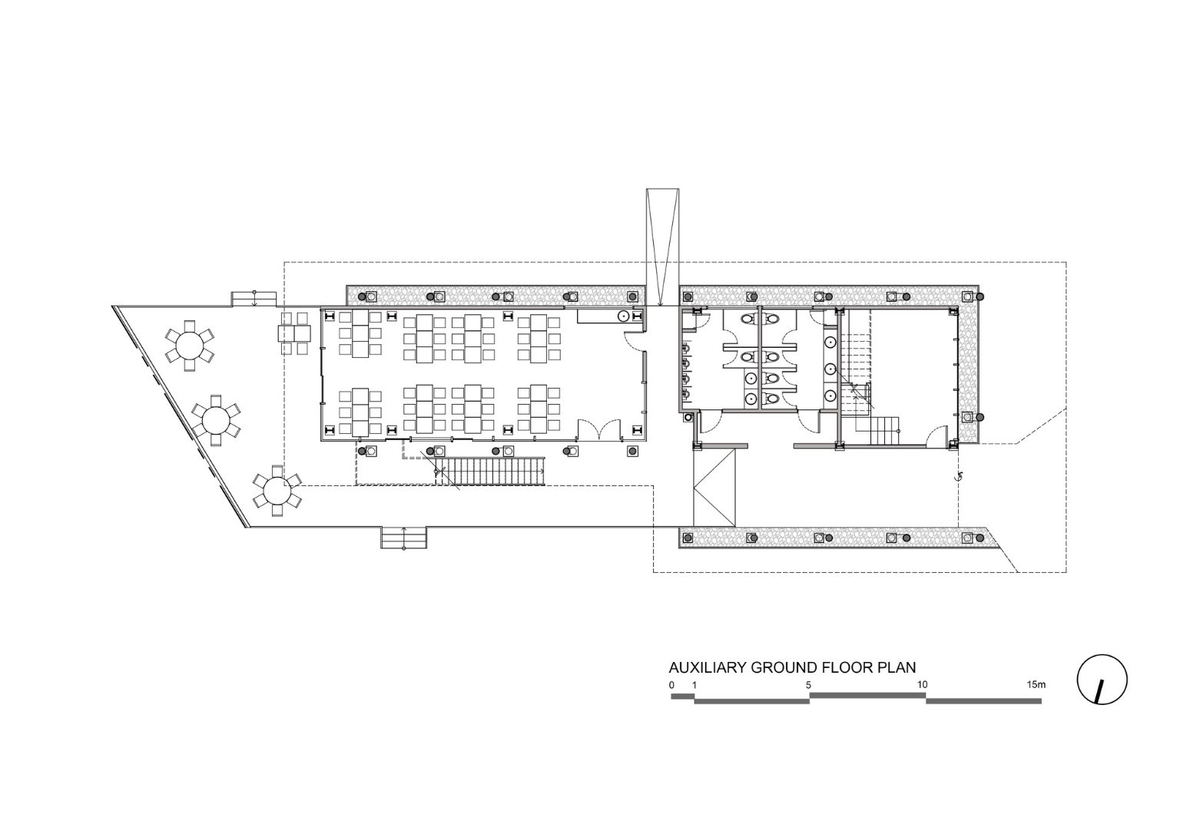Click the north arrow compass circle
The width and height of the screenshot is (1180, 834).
click(1079, 679)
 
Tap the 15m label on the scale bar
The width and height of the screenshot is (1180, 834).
click(1036, 685)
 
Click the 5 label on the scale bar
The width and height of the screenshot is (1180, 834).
click(808, 685)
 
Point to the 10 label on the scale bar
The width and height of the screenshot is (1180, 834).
click(922, 685)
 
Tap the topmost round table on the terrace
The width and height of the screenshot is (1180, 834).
click(190, 346)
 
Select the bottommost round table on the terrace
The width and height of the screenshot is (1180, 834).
click(277, 491)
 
